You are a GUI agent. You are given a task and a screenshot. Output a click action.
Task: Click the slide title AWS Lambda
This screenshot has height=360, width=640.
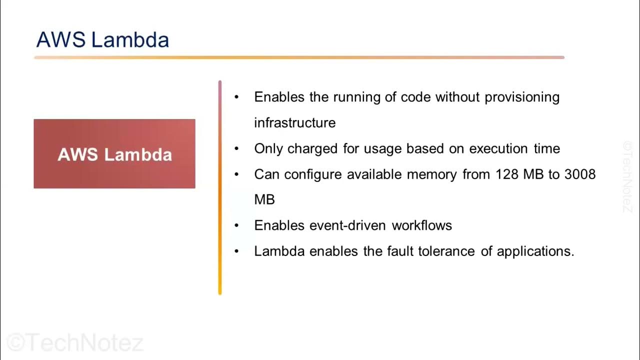(102, 40)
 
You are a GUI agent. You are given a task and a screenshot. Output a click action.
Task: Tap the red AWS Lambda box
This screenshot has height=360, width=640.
(114, 154)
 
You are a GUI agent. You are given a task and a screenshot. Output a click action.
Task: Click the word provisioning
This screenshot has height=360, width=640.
(522, 97)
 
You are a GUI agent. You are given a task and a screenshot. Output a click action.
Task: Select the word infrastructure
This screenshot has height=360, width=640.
(294, 122)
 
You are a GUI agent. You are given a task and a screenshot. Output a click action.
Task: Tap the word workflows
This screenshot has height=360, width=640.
(422, 225)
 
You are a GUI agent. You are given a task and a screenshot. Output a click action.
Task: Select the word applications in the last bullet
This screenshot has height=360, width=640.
(535, 251)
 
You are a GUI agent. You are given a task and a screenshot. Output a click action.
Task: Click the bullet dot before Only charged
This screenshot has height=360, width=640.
(237, 149)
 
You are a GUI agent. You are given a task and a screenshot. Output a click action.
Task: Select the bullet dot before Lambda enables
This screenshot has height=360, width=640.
(237, 251)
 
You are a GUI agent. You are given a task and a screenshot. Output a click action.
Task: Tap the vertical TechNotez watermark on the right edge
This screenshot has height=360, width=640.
(627, 176)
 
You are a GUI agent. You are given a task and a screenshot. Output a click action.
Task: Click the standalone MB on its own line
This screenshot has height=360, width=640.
(264, 199)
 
